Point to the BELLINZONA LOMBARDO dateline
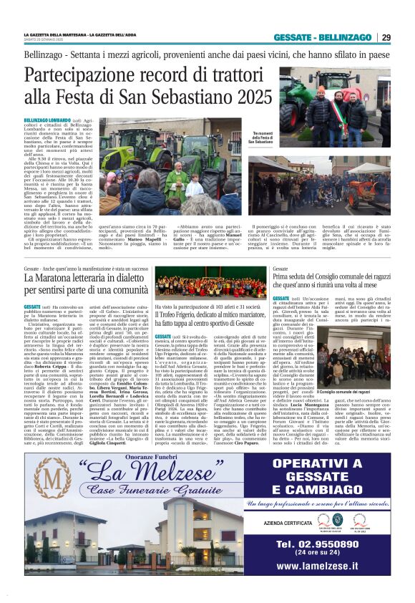click(x=47, y=120)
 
